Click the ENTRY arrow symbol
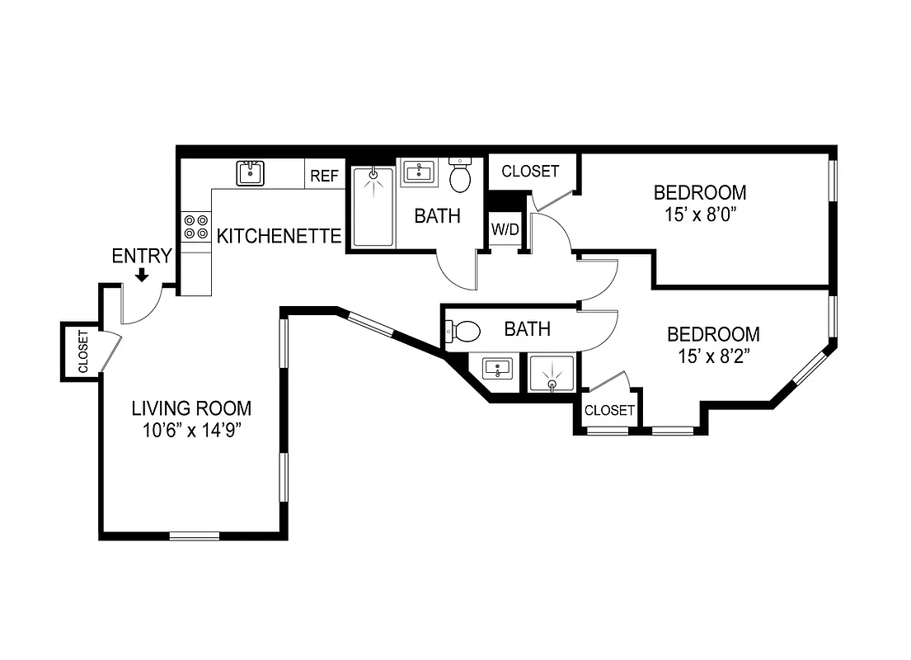[x=142, y=275]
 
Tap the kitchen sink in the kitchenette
[x=250, y=173]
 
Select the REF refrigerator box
[x=324, y=176]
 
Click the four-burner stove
[x=195, y=227]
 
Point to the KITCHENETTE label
[x=279, y=237]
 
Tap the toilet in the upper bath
[x=460, y=176]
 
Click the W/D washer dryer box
[x=505, y=229]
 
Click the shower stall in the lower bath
[x=552, y=373]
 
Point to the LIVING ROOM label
[x=192, y=408]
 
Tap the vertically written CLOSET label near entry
[x=83, y=351]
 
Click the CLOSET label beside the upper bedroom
[x=530, y=172]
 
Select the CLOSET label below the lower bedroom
[x=610, y=410]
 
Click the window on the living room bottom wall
[x=195, y=536]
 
